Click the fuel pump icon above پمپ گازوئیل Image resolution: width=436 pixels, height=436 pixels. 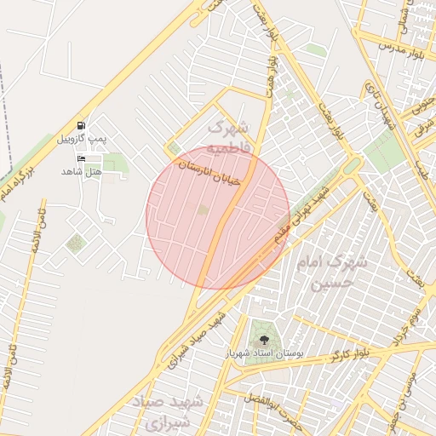[81, 125]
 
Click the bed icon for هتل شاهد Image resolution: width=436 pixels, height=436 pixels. [82, 159]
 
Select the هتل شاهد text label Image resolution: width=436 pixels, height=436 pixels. [81, 171]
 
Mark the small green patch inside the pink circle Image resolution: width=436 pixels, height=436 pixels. [203, 209]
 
